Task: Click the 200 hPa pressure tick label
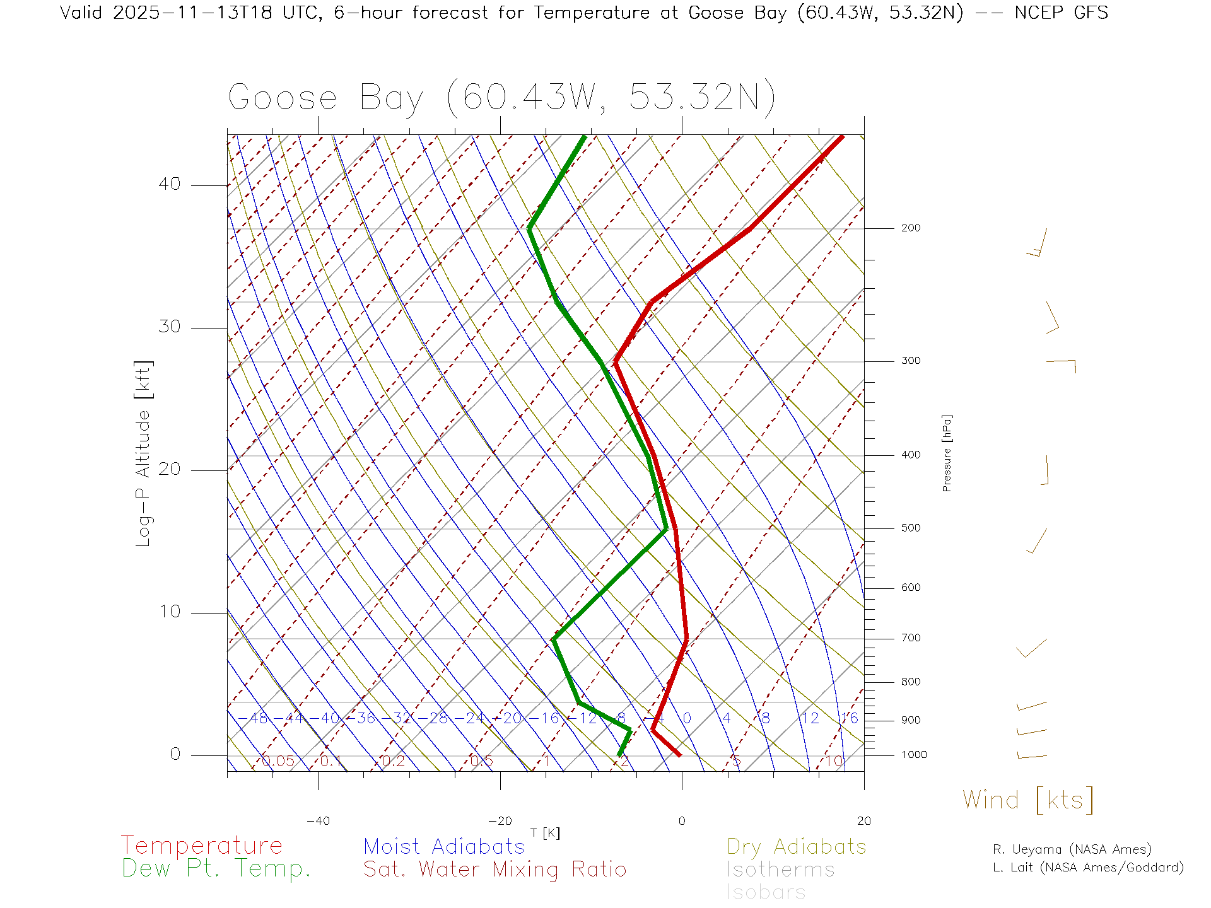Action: [910, 228]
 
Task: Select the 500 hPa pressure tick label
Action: [910, 528]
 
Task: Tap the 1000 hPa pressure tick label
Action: [913, 755]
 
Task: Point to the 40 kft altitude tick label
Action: [169, 184]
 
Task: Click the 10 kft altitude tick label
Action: [169, 612]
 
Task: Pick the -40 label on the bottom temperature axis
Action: [318, 821]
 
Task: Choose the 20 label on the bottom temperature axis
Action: [863, 821]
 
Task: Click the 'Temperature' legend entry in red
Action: [201, 846]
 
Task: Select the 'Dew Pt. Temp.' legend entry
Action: [216, 869]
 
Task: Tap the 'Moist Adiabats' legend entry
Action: [444, 846]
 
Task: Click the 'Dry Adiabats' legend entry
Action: [796, 846]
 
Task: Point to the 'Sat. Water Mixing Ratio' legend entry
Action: [494, 870]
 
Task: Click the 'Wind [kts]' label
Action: [1027, 800]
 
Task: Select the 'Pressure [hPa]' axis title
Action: [947, 453]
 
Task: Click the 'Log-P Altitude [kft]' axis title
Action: [144, 453]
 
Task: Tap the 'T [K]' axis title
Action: [545, 834]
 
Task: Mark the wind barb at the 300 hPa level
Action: [1062, 363]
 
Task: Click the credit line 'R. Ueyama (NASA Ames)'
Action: [1072, 849]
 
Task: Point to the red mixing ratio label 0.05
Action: [278, 761]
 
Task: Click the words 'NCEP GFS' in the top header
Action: [1061, 13]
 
